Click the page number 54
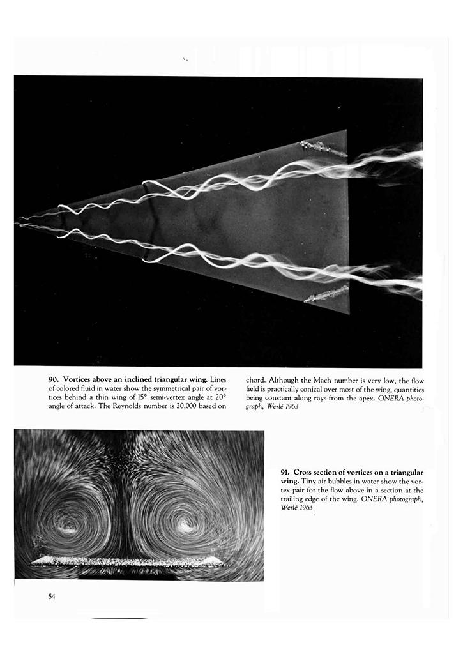52,597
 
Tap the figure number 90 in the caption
53,379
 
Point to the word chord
257,379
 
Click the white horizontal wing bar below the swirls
128,562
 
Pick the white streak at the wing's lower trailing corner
326,294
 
